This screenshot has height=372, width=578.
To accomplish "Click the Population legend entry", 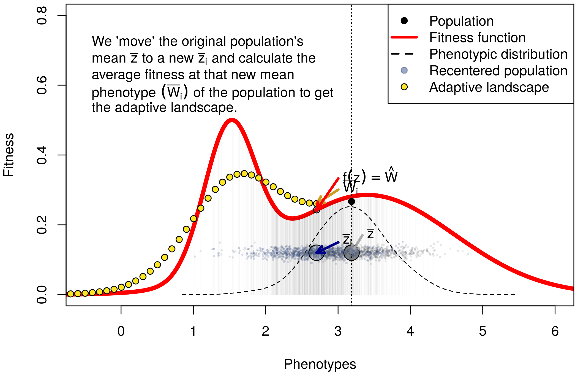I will [x=461, y=21].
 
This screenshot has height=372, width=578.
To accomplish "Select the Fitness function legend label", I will [x=477, y=38].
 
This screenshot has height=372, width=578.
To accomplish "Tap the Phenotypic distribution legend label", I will [x=498, y=54].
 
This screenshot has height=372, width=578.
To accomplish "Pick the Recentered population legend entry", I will [x=498, y=71].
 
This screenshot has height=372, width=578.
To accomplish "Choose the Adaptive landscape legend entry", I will [x=489, y=87].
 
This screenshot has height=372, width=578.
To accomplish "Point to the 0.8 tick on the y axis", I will [x=42, y=15].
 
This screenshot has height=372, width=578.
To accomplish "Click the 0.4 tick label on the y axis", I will [x=42, y=155].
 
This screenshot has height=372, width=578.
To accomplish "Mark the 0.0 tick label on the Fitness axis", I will [x=42, y=295].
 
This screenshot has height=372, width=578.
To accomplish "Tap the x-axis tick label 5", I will [x=482, y=331].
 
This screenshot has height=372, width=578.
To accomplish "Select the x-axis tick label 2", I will [x=265, y=331].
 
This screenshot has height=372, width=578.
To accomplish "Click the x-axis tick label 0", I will [x=121, y=331].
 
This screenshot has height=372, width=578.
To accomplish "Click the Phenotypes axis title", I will [x=320, y=364].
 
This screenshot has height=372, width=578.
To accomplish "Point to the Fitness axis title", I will [x=9, y=155].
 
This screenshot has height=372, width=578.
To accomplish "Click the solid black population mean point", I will [x=351, y=201].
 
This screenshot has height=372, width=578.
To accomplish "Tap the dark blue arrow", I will [x=328, y=247].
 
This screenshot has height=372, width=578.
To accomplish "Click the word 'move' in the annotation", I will [x=135, y=41].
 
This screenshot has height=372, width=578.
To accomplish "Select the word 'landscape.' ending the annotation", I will [x=204, y=107].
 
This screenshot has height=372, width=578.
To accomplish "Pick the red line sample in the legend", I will [x=404, y=37].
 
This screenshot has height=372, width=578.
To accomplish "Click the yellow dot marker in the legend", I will [x=404, y=87].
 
